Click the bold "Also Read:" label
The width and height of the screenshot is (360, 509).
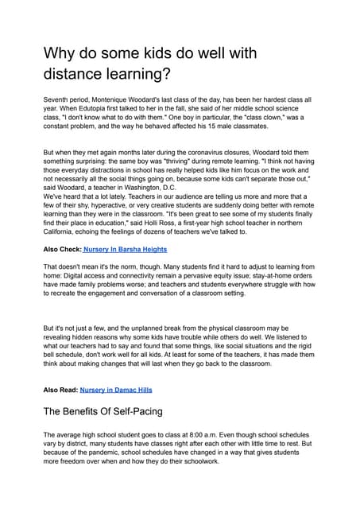coord(60,390)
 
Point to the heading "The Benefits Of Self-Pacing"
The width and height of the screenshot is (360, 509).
coord(104,412)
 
